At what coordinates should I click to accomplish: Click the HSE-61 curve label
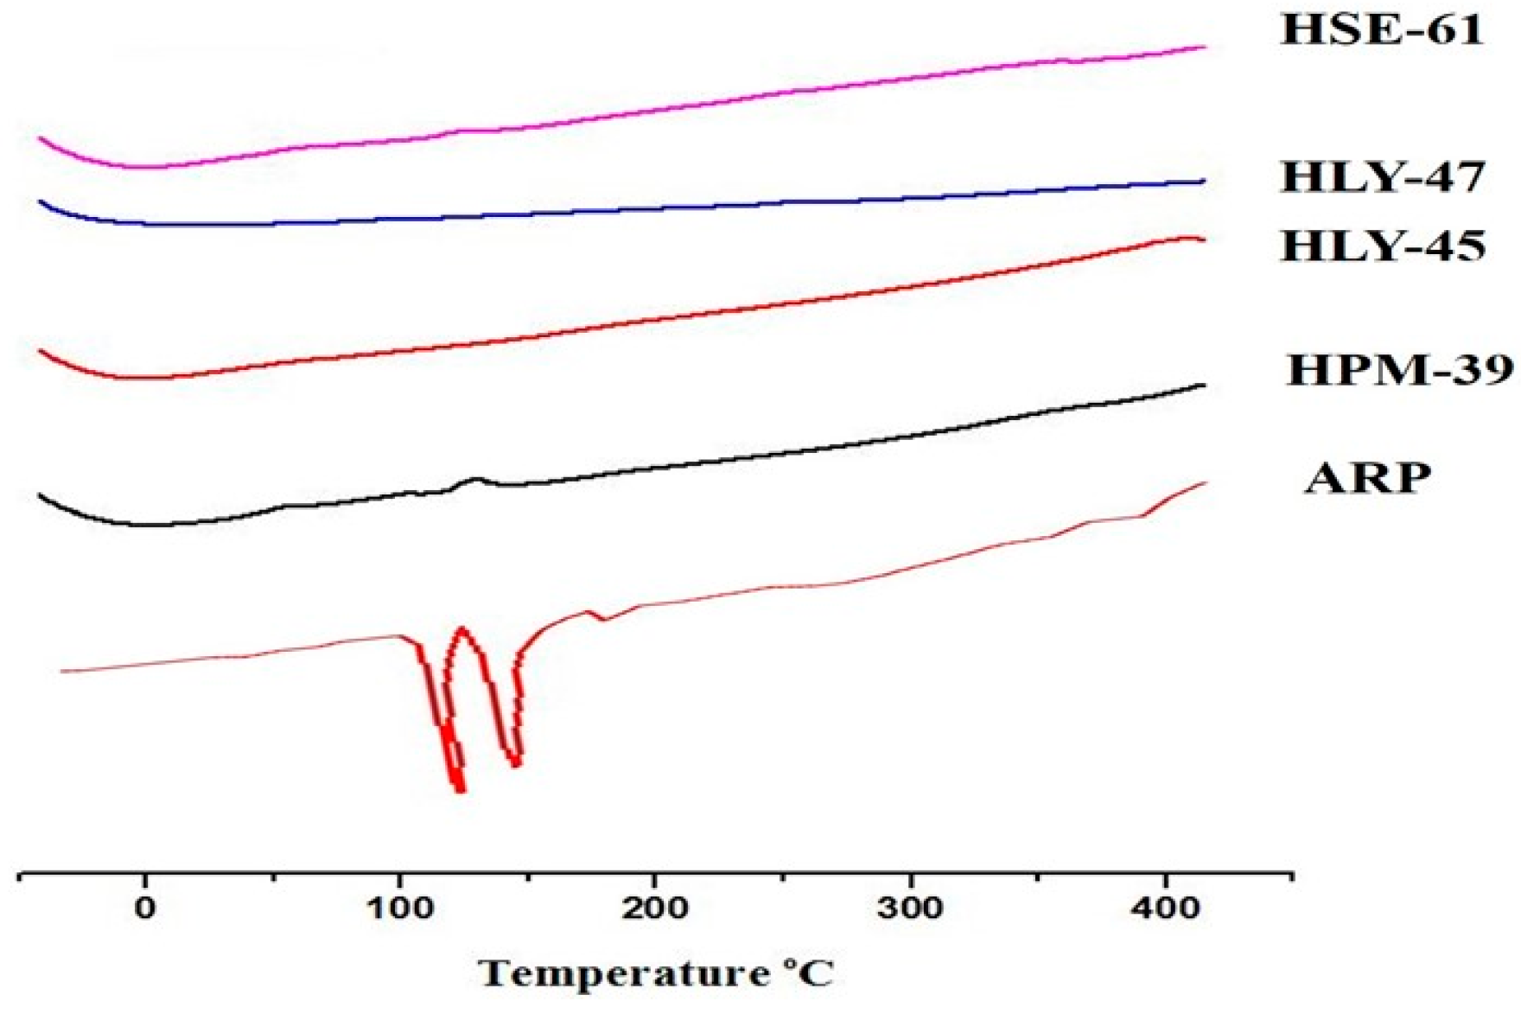(x=1381, y=31)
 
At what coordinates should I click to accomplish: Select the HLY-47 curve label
(x=1383, y=178)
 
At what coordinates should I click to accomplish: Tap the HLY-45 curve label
(x=1383, y=246)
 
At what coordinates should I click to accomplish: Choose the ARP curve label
(x=1367, y=478)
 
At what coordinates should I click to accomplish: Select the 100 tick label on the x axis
(x=400, y=909)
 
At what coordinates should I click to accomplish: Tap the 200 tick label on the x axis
(x=654, y=909)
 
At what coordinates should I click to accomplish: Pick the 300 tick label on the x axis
(x=910, y=909)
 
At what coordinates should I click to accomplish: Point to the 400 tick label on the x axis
(x=1166, y=909)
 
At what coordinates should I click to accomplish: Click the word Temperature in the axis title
(x=623, y=974)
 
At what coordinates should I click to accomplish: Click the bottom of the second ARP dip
(x=515, y=762)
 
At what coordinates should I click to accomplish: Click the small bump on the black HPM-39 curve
(x=474, y=479)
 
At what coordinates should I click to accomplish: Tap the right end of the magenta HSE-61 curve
(x=1203, y=48)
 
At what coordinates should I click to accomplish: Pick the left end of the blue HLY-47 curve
(x=40, y=201)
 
